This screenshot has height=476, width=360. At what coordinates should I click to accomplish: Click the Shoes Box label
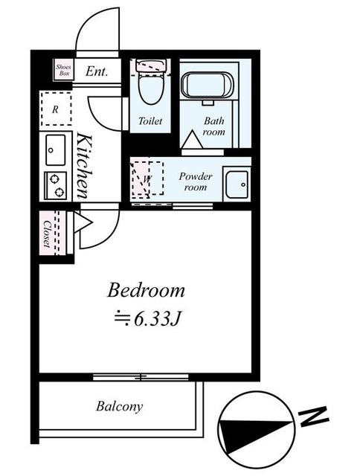pos(63,70)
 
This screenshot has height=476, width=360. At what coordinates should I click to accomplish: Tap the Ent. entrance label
pos(97,71)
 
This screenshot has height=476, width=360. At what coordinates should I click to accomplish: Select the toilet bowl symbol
pos(150,82)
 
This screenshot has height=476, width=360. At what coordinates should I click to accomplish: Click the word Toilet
pos(150,120)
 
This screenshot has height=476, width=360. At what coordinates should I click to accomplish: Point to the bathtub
pos(208,85)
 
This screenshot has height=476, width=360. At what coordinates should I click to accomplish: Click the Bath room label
pos(214,126)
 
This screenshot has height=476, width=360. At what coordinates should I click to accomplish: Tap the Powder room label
pos(196,181)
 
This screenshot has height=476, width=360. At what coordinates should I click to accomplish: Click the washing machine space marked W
pos(147,179)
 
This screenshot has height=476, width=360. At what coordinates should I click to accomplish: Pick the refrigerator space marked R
pos(56,109)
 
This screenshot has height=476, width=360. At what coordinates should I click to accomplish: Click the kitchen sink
pos(56,150)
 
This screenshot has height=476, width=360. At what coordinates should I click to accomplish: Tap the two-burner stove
pos(56,185)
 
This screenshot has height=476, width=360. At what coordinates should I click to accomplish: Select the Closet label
pos(47,233)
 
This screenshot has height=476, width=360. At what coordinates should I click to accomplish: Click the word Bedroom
pos(146,290)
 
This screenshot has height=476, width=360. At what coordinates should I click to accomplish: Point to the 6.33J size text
pos(148,319)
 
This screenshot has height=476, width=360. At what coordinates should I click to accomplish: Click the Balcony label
pos(119,406)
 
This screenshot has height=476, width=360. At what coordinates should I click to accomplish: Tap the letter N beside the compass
pos(314,417)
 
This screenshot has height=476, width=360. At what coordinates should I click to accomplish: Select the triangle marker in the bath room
pos(192,139)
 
